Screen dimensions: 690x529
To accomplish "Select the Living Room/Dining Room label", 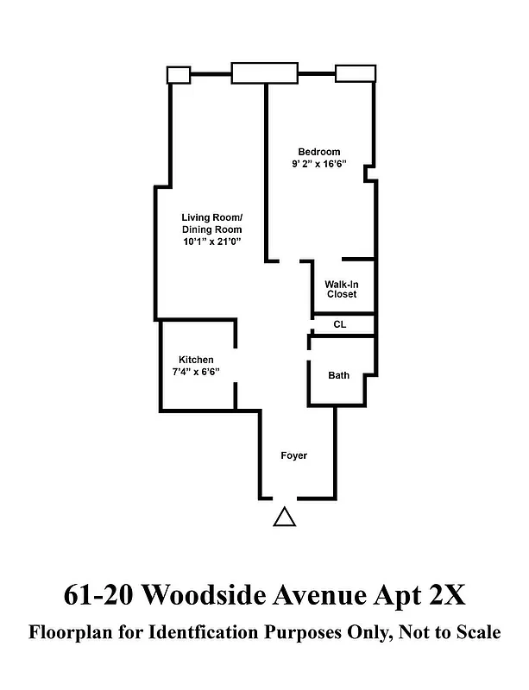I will pyautogui.click(x=211, y=223).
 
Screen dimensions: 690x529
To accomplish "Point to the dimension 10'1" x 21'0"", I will pyautogui.click(x=211, y=243).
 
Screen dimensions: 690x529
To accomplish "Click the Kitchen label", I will pyautogui.click(x=196, y=360).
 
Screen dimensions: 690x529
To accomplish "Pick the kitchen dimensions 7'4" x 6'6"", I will pyautogui.click(x=196, y=372).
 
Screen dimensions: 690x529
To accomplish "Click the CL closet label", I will pyautogui.click(x=340, y=324).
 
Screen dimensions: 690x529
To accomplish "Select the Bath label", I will pyautogui.click(x=338, y=375).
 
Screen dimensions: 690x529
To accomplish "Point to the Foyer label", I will pyautogui.click(x=294, y=455).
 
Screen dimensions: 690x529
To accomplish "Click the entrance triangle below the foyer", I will pyautogui.click(x=285, y=517).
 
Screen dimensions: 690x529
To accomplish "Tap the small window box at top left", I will pyautogui.click(x=178, y=74).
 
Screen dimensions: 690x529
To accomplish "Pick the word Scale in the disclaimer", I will pyautogui.click(x=475, y=633).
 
